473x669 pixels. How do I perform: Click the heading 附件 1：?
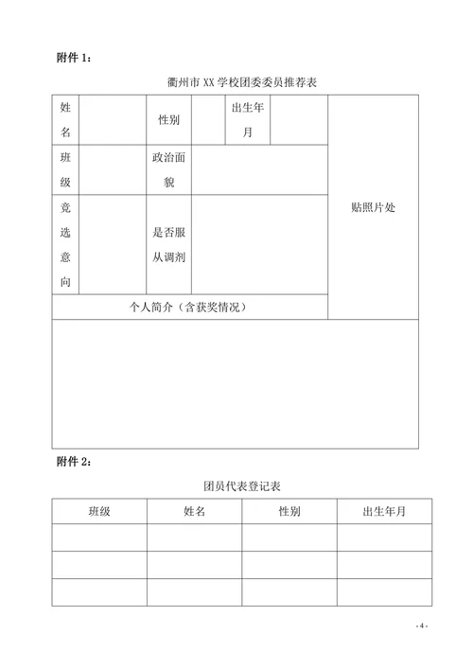coord(74,59)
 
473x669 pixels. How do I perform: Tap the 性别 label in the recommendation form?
coord(169,121)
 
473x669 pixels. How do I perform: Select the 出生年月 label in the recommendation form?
coord(248,120)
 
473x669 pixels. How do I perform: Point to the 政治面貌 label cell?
coord(169,169)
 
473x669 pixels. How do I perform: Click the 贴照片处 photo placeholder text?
coord(373,207)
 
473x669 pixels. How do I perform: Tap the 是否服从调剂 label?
coord(169,244)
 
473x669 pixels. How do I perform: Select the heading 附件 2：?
coord(74,462)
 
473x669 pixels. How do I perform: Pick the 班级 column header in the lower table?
coord(99,511)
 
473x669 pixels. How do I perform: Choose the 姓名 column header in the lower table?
coord(195,511)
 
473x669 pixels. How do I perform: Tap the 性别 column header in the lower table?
coord(289,511)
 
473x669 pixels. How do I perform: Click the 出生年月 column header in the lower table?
coord(384,511)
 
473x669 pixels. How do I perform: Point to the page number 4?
coord(422,626)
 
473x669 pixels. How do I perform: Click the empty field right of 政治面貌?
coord(259,169)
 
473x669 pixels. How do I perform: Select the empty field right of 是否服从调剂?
coord(259,244)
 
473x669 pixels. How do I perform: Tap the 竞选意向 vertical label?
coord(64,244)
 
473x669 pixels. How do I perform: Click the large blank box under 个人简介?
coord(235,383)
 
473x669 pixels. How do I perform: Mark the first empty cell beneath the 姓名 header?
coord(195,537)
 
